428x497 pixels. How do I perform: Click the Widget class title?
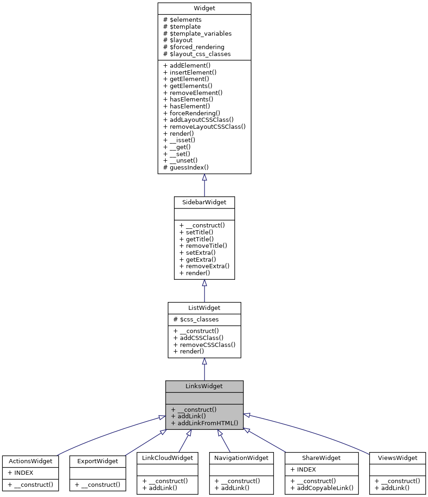pyautogui.click(x=204, y=8)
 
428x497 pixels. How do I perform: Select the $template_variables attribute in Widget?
pyautogui.click(x=198, y=33)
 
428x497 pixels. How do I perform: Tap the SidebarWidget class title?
pyautogui.click(x=204, y=202)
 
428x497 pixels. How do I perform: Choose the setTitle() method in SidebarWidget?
pyautogui.click(x=196, y=232)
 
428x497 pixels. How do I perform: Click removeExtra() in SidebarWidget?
pyautogui.click(x=204, y=266)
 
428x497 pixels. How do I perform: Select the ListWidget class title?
pyautogui.click(x=204, y=308)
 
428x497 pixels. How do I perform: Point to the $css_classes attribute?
pyautogui.click(x=196, y=320)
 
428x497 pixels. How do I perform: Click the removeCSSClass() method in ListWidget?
pyautogui.click(x=204, y=345)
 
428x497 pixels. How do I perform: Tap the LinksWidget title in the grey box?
pyautogui.click(x=204, y=386)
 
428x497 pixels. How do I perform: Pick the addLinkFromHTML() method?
pyautogui.click(x=204, y=423)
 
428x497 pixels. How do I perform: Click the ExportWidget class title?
pyautogui.click(x=98, y=461)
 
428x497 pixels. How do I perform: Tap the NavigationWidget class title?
pyautogui.click(x=238, y=458)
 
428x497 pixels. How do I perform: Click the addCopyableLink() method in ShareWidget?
pyautogui.click(x=322, y=488)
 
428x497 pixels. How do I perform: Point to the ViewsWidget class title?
pyautogui.click(x=397, y=458)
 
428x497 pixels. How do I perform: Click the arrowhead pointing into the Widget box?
pyautogui.click(x=204, y=177)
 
